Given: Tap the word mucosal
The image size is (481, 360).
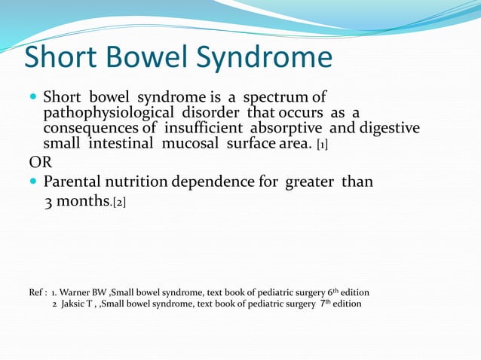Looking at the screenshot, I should click(198, 143).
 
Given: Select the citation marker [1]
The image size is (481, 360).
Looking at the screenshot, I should click(321, 144).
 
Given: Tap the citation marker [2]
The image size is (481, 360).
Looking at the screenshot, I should click(119, 202).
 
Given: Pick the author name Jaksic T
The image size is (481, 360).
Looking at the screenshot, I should click(79, 304).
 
